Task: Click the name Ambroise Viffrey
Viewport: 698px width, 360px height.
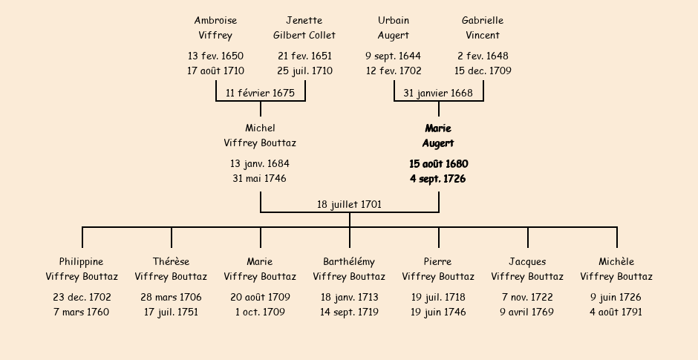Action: pyautogui.click(x=215, y=27)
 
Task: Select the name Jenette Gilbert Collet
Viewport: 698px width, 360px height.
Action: pyautogui.click(x=304, y=27)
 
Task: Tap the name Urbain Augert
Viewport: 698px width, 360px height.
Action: pyautogui.click(x=394, y=27)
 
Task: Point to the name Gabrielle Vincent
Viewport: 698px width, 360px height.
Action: pyautogui.click(x=483, y=27)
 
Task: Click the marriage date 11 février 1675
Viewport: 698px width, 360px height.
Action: pyautogui.click(x=260, y=93)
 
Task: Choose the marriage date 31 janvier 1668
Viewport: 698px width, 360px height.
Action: pyautogui.click(x=438, y=93)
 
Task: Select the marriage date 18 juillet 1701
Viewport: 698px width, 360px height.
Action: pyautogui.click(x=349, y=204)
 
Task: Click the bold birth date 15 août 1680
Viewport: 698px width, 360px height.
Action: pyautogui.click(x=438, y=164)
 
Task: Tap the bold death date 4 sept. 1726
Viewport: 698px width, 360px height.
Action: pyautogui.click(x=438, y=179)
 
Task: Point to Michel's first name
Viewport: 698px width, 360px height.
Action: pyautogui.click(x=260, y=128)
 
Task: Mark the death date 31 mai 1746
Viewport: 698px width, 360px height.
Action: pyautogui.click(x=260, y=178)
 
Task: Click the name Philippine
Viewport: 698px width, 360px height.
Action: pyautogui.click(x=82, y=262)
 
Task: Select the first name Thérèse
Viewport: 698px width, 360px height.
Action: pyautogui.click(x=171, y=262)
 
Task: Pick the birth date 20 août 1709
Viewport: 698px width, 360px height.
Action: pyautogui.click(x=260, y=297)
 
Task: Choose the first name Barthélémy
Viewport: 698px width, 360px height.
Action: pyautogui.click(x=349, y=262)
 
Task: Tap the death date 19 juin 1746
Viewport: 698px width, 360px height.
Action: pyautogui.click(x=438, y=312)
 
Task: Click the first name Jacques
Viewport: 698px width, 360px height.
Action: pyautogui.click(x=527, y=262)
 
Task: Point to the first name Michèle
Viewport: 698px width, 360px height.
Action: pyautogui.click(x=616, y=262)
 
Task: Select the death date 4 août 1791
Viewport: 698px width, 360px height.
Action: pyautogui.click(x=616, y=312)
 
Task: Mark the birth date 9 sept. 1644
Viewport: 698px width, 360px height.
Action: pyautogui.click(x=393, y=56)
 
